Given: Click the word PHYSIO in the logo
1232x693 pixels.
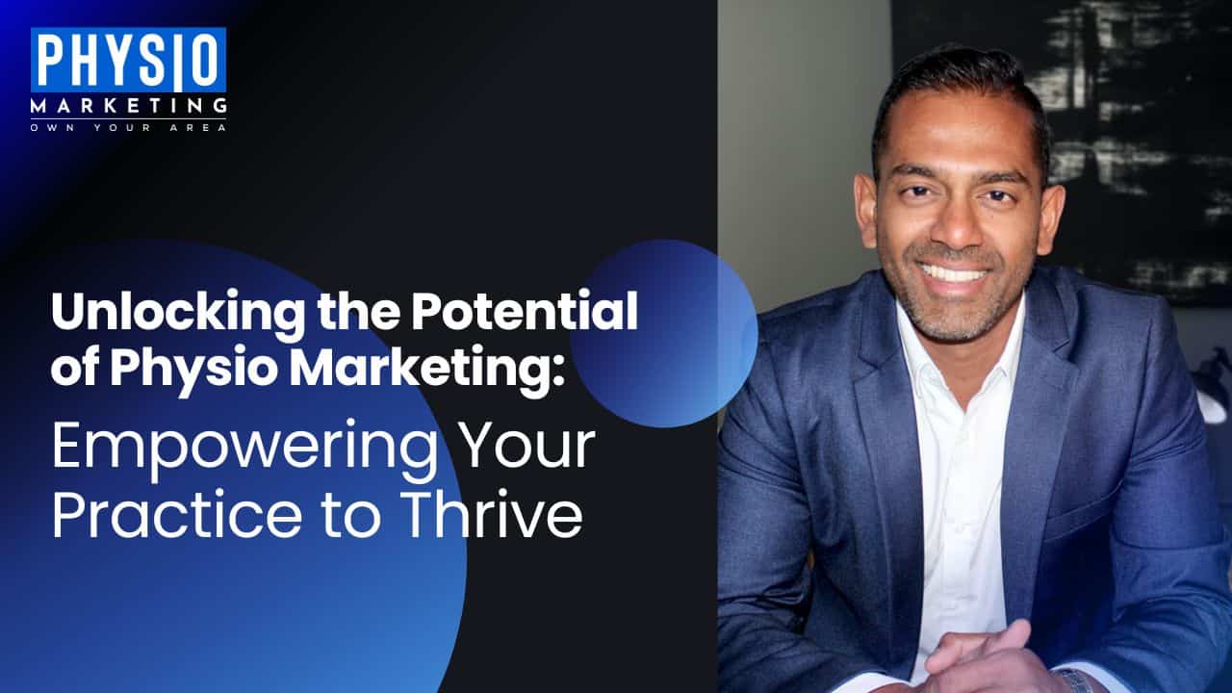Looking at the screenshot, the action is (128, 60).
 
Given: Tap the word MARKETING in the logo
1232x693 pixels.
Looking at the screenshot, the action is (128, 105).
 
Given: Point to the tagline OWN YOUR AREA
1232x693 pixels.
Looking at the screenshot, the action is (128, 128).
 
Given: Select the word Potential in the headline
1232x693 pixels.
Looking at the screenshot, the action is (526, 311).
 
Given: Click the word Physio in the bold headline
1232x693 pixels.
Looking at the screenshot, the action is (193, 368).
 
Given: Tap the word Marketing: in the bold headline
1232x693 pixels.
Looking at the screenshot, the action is (426, 368).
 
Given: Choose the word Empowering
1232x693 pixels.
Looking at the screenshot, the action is (244, 449).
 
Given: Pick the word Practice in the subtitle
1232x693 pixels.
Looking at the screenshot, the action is (177, 513).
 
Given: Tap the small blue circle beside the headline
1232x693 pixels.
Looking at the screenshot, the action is (664, 333).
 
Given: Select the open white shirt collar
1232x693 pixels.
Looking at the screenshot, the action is (962, 352).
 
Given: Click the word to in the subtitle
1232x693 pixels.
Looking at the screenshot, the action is (352, 515).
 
